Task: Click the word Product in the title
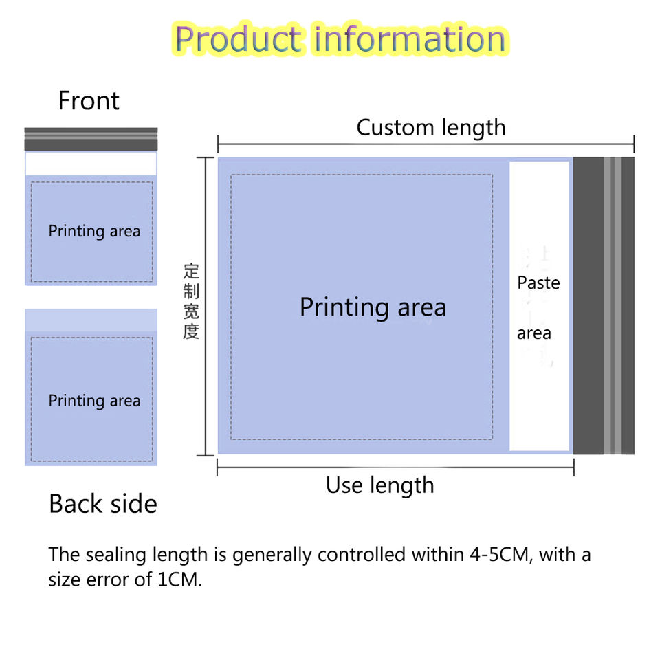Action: (x=237, y=39)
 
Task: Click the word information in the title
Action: (x=410, y=39)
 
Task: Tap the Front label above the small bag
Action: (x=89, y=101)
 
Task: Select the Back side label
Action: (x=103, y=504)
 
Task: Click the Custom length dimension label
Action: (x=431, y=127)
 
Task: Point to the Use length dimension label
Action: (x=379, y=485)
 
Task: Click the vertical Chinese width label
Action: (x=191, y=301)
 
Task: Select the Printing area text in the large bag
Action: (x=373, y=307)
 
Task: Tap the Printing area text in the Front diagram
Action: (x=94, y=231)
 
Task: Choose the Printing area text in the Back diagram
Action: (x=94, y=400)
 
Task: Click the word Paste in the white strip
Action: (x=538, y=283)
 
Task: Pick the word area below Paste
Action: (x=534, y=333)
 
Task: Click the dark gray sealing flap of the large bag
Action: (x=588, y=306)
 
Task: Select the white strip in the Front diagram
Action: (x=91, y=164)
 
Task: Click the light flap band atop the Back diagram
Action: (x=91, y=320)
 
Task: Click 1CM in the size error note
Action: (x=179, y=579)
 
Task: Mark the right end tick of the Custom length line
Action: (x=634, y=144)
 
